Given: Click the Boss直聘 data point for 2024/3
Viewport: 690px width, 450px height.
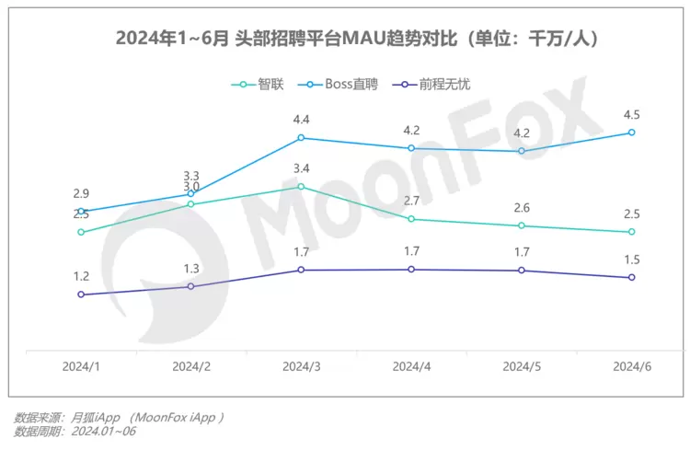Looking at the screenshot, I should (x=301, y=138).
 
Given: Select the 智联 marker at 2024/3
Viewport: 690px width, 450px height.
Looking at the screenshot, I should (x=301, y=187).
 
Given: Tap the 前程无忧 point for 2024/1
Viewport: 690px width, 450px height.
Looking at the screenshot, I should (x=81, y=294).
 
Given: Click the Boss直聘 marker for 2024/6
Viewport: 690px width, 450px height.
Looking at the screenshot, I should (x=632, y=133).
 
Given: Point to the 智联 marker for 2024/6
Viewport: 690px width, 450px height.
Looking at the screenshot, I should (x=632, y=232).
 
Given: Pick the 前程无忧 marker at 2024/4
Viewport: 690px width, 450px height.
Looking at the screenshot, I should (x=411, y=270).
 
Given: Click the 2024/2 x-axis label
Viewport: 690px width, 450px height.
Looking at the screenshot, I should (x=190, y=366).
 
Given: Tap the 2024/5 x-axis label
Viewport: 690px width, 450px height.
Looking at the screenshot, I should (x=522, y=366).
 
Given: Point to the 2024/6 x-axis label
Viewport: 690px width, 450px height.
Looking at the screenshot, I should (x=632, y=366).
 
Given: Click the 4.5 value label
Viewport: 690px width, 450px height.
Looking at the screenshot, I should (x=632, y=115).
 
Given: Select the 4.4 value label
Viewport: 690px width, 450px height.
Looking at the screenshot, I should (x=301, y=120).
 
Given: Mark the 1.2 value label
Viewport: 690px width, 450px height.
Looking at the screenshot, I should (x=81, y=276).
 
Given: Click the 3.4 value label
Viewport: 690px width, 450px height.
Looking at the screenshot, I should (x=301, y=168).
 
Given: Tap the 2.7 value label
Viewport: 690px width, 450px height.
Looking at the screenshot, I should (x=411, y=201).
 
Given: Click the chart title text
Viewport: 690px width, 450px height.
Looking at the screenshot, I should (x=344, y=40).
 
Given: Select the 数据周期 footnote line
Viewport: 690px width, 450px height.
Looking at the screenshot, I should (x=75, y=431).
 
